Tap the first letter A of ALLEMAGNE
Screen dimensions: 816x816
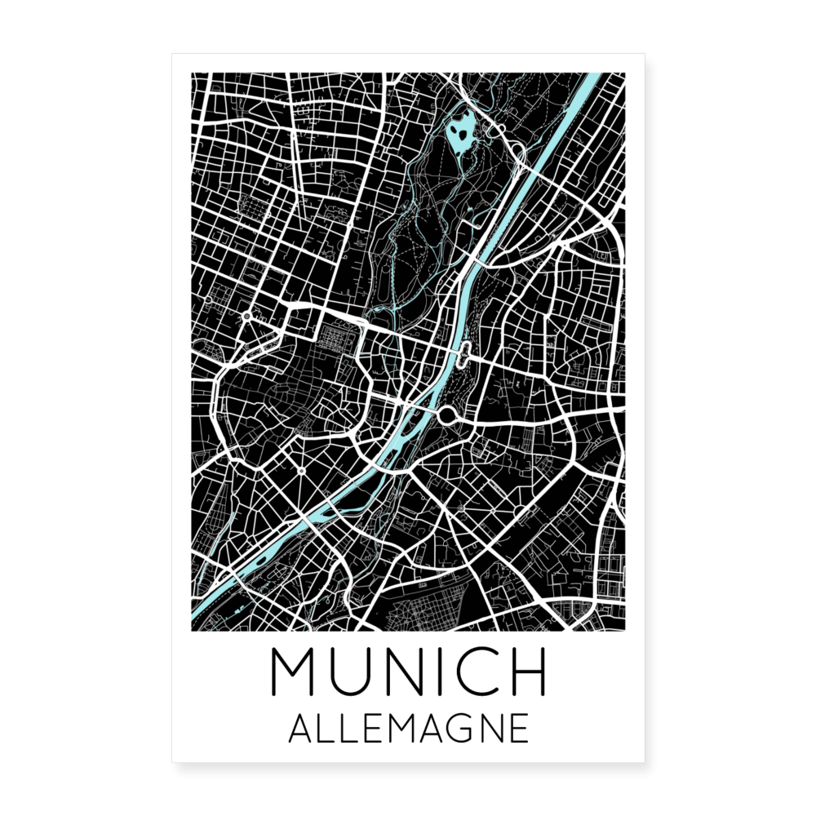(299, 729)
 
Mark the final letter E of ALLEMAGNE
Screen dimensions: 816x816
(517, 729)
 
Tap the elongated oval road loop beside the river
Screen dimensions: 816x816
(464, 354)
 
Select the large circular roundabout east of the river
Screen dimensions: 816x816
(446, 417)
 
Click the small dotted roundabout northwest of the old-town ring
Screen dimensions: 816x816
(246, 315)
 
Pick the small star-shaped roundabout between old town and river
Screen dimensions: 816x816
(301, 471)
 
